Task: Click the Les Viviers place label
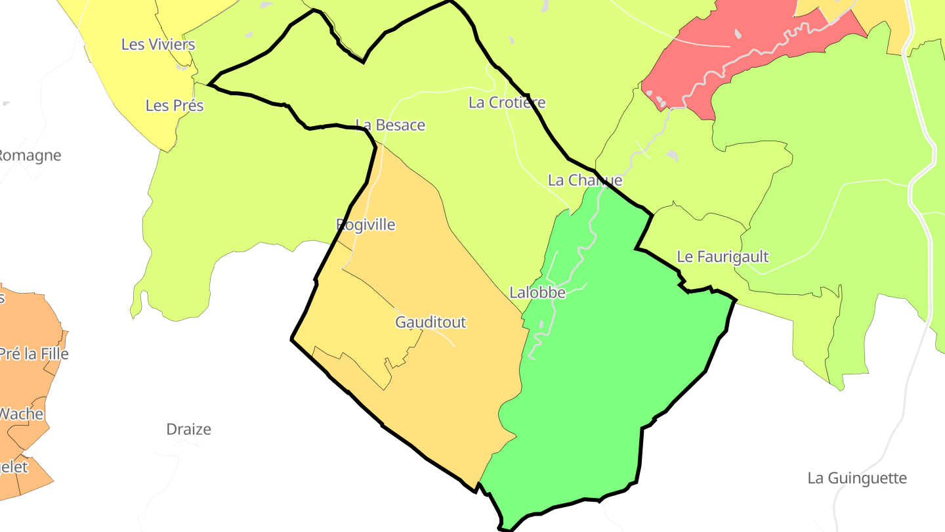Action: [158, 45]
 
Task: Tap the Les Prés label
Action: [175, 106]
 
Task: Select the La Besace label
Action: [390, 125]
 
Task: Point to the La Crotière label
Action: [507, 102]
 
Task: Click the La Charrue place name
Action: [585, 180]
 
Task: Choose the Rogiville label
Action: [366, 225]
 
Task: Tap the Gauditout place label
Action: [430, 322]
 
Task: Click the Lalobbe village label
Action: [537, 293]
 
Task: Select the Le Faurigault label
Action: [723, 257]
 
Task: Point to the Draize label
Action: [188, 430]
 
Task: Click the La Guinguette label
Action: [857, 478]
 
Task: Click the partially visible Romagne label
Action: [30, 156]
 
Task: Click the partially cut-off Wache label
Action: [21, 414]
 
